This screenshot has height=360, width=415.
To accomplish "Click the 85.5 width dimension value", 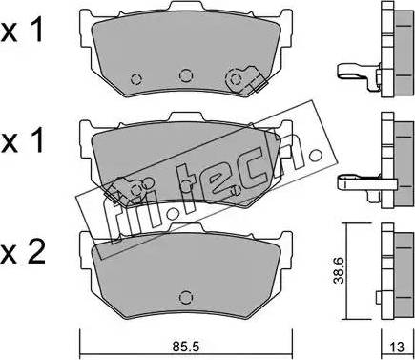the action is (x=186, y=347).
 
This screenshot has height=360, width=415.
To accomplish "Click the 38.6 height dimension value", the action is (x=339, y=270).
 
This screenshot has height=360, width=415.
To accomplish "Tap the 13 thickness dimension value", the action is (x=397, y=347).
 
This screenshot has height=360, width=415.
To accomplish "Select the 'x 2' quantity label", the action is (x=23, y=253).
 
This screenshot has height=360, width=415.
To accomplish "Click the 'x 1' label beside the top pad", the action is (x=22, y=32).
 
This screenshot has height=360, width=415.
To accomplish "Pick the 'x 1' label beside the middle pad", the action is (x=22, y=141).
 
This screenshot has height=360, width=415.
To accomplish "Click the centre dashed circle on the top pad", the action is (x=186, y=75).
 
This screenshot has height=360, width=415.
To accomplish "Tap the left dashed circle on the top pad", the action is (x=136, y=79).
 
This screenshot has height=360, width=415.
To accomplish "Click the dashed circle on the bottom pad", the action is (x=186, y=298).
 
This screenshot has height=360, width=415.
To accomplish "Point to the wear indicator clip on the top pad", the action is (x=246, y=79).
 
